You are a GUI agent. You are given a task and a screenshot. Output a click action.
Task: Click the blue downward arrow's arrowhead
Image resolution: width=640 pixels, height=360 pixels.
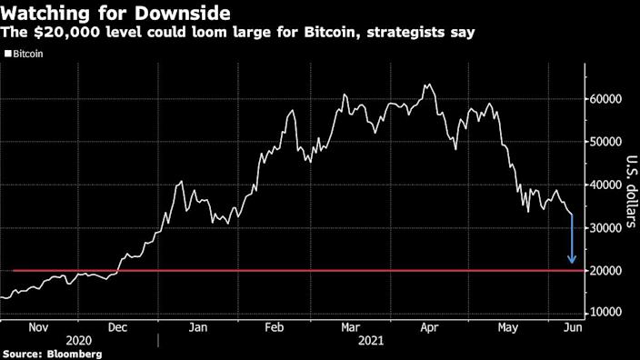pos(572,260)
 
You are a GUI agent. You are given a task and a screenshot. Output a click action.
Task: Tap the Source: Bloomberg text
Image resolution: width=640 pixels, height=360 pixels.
pos(51,353)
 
